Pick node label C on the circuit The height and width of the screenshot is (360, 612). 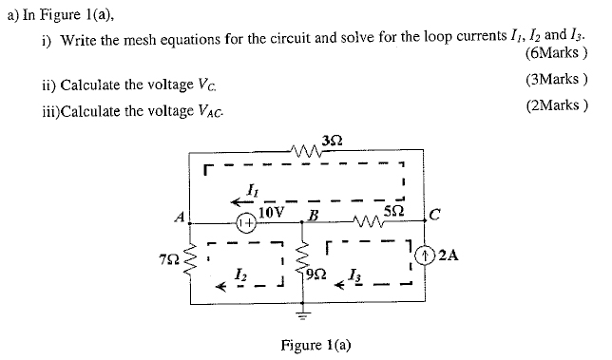point(432,214)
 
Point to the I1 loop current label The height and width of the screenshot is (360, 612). point(249,191)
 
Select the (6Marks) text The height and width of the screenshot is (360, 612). point(555,55)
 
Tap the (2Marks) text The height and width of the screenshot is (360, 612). point(556,105)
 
